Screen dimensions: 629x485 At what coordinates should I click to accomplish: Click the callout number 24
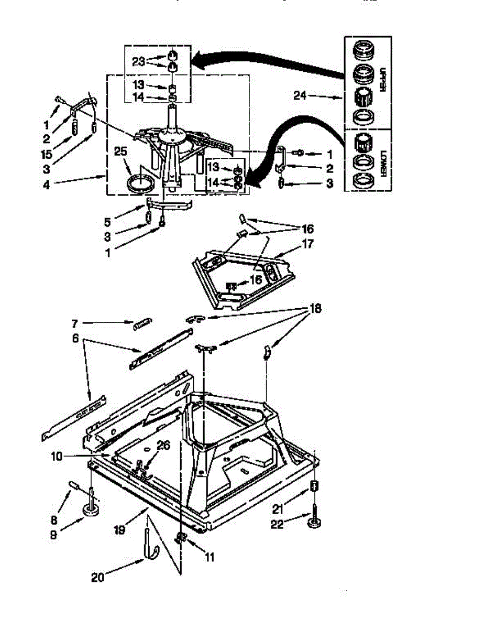(314, 96)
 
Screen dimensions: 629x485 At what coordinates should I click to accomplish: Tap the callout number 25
(121, 151)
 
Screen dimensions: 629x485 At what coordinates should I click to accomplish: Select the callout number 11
(210, 558)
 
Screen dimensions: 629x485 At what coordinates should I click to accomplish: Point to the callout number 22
(277, 523)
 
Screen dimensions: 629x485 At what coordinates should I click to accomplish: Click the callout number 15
(47, 155)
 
